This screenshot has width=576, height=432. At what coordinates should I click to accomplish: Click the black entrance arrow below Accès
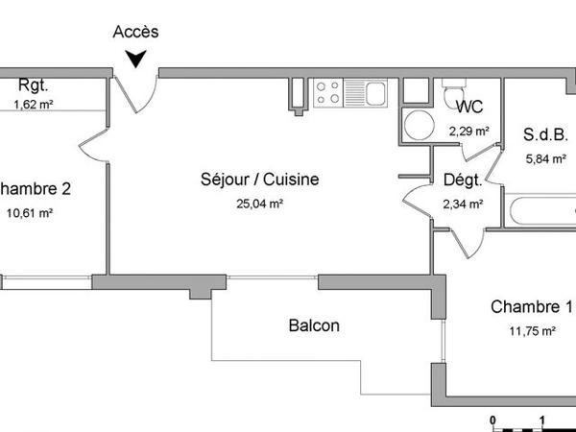(x=137, y=58)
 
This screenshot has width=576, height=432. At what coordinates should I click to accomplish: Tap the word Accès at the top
(x=136, y=32)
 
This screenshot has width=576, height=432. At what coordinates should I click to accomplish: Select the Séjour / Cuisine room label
(x=259, y=180)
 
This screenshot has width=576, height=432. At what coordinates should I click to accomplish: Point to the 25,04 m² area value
(x=259, y=204)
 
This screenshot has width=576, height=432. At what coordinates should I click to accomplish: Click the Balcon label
(x=314, y=325)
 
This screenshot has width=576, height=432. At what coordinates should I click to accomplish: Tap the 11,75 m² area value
(x=532, y=331)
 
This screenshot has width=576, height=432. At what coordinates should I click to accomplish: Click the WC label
(x=470, y=108)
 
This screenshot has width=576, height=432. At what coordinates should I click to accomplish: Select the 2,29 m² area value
(x=468, y=131)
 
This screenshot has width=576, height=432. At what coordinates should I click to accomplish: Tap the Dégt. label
(x=462, y=180)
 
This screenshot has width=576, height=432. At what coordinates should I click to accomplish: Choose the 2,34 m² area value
(x=462, y=204)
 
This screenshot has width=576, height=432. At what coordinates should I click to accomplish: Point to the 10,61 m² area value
(x=29, y=213)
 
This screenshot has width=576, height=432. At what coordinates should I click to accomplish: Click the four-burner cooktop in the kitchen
(x=327, y=91)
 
